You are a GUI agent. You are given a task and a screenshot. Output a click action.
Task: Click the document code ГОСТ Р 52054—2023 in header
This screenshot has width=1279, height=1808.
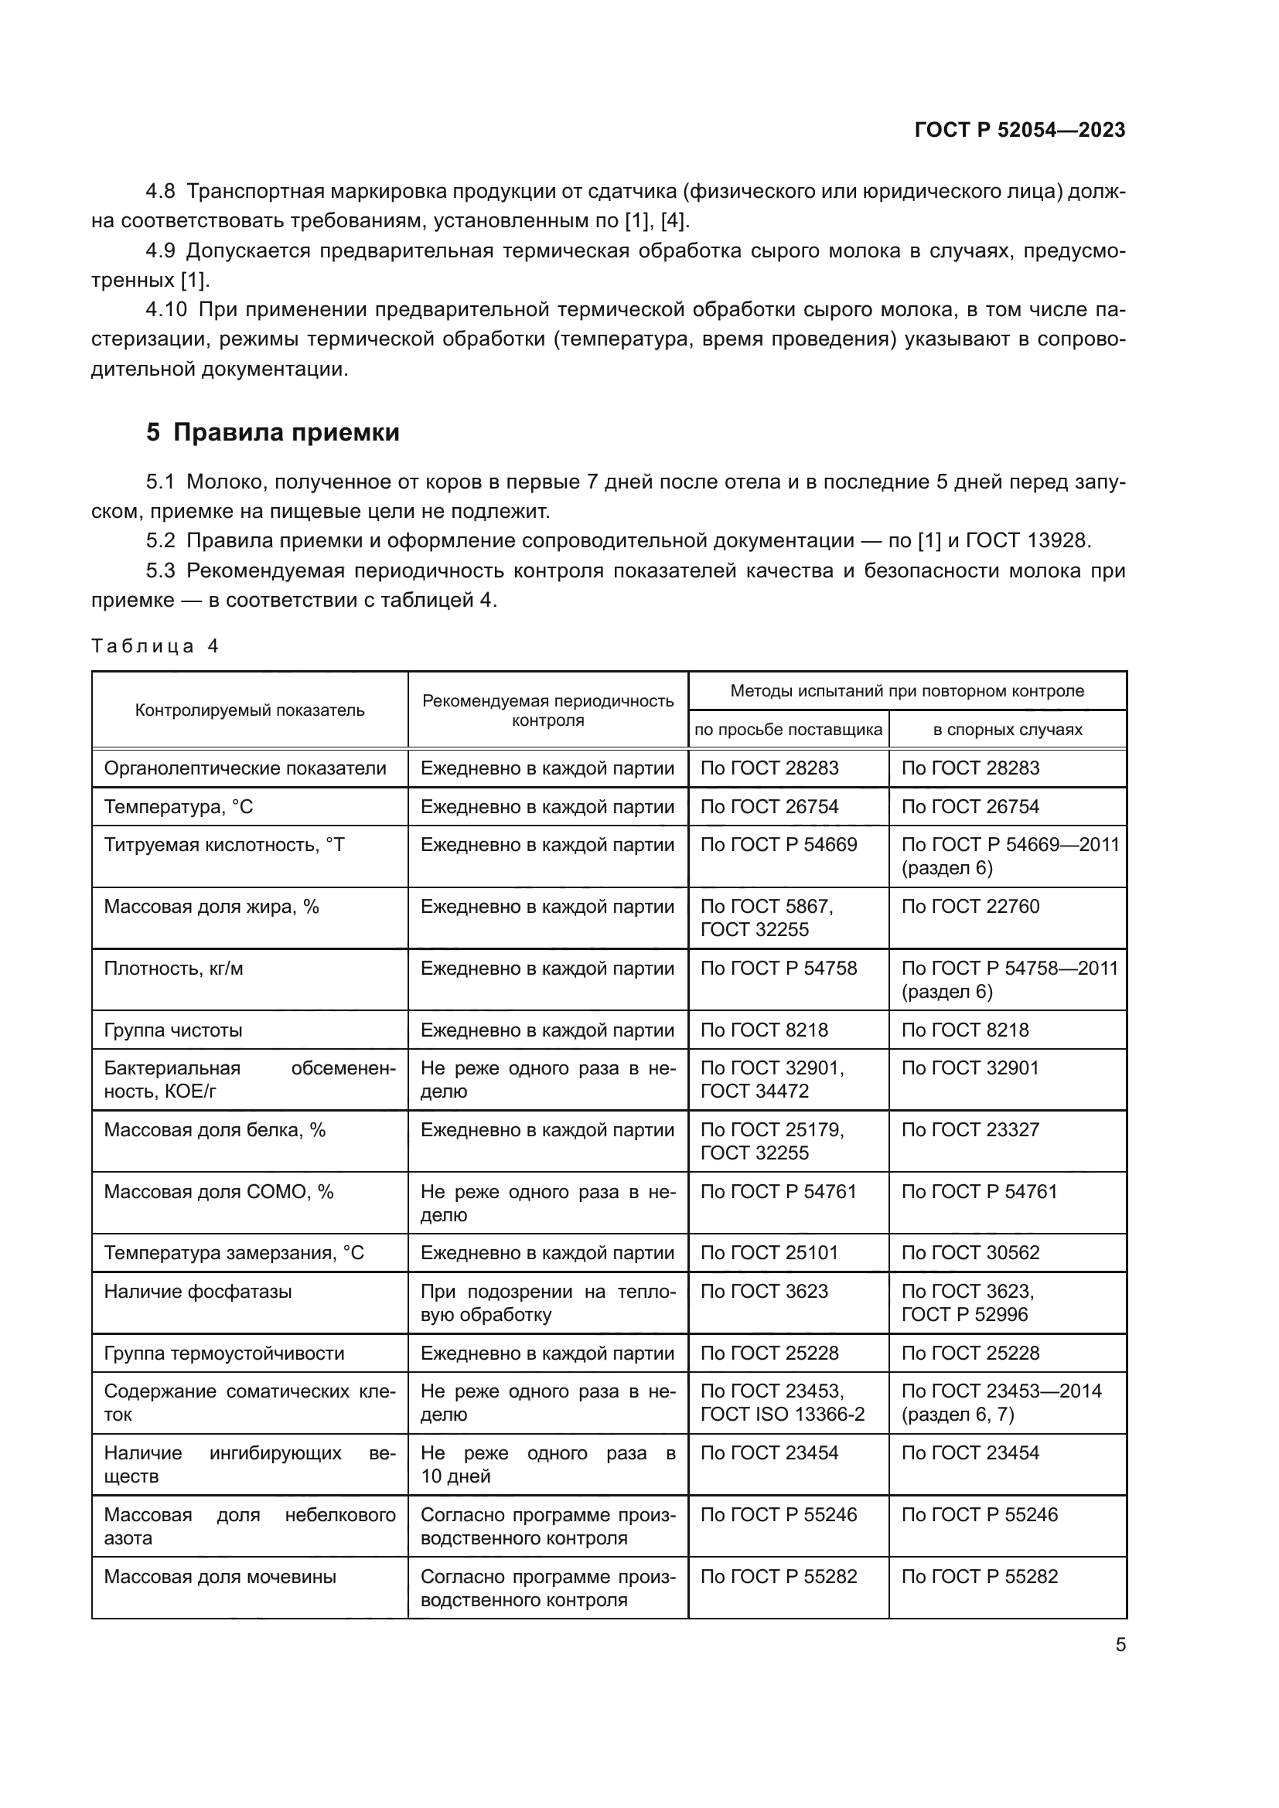click(x=1020, y=130)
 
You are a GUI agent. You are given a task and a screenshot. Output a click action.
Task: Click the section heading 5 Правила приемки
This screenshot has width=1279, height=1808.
click(x=272, y=432)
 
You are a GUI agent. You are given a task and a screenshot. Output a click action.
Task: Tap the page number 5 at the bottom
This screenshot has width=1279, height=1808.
click(x=1120, y=1645)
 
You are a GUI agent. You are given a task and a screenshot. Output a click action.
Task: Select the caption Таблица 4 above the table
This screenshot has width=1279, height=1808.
click(x=155, y=646)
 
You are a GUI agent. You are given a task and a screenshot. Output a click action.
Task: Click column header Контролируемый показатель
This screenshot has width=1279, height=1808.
click(x=250, y=710)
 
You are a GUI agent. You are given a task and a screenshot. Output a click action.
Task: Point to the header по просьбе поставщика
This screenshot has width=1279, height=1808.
click(x=787, y=729)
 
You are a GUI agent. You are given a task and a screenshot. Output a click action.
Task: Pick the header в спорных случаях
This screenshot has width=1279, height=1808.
click(x=1008, y=729)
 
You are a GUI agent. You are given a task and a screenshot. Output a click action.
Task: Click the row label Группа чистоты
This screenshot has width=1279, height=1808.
click(x=173, y=1030)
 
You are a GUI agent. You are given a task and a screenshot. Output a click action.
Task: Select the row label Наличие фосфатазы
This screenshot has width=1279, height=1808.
click(x=198, y=1292)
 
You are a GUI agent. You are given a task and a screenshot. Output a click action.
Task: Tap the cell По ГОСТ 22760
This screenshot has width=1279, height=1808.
click(x=970, y=907)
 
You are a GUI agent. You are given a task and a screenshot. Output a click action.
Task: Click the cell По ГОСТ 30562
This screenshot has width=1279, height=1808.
click(x=970, y=1253)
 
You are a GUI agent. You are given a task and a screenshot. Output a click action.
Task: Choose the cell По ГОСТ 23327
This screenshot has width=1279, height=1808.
click(x=970, y=1130)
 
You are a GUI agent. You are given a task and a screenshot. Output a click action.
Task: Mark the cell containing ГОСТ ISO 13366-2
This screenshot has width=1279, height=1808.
click(x=782, y=1415)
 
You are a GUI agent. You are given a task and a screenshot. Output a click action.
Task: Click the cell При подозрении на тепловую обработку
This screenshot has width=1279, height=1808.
click(x=547, y=1303)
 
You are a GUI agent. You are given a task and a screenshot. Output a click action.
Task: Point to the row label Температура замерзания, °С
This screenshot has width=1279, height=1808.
click(x=234, y=1253)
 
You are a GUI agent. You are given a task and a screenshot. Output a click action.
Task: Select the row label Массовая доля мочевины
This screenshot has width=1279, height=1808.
click(x=220, y=1576)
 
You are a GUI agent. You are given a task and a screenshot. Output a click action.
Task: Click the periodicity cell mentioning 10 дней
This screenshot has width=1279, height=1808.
click(x=547, y=1465)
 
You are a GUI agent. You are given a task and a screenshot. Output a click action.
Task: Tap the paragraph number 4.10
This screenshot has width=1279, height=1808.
click(x=166, y=309)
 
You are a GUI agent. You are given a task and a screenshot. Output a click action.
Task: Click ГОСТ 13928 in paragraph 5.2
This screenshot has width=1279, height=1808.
click(x=1028, y=540)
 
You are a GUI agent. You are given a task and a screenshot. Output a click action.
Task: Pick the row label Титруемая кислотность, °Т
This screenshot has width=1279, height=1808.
click(x=224, y=845)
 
